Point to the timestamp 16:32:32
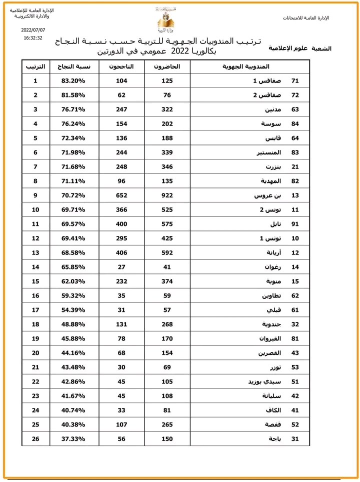point(33,37)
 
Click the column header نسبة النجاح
point(74,66)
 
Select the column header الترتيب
point(35,66)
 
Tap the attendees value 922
point(167,195)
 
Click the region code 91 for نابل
point(295,224)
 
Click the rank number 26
point(35,439)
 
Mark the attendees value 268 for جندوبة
point(167,324)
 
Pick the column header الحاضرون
point(167,66)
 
